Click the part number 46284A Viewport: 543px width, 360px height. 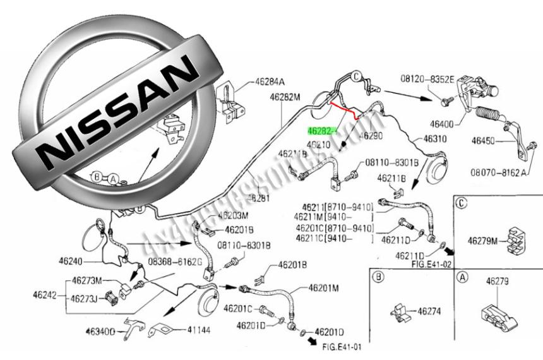tap(270, 82)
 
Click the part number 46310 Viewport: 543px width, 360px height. tap(434, 139)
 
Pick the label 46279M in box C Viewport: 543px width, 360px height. tap(483, 240)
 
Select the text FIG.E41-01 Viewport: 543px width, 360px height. tap(342, 347)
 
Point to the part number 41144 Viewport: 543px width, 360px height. tap(198, 329)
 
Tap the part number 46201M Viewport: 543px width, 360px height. tap(323, 288)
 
